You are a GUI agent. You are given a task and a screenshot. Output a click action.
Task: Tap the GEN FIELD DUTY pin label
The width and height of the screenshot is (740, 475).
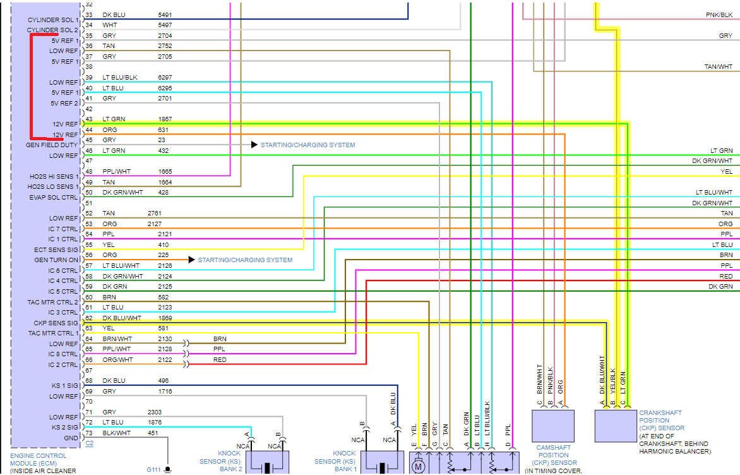52,145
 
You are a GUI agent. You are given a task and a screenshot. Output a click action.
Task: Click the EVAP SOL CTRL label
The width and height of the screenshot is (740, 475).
53,198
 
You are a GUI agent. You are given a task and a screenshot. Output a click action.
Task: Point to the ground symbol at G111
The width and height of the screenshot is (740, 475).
169,469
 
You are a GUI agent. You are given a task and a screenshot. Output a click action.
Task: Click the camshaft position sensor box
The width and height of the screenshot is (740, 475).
553,426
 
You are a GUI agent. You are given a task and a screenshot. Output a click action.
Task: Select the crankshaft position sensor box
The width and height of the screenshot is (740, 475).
616,426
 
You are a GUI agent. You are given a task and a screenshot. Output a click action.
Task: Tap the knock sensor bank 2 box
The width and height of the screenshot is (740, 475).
267,462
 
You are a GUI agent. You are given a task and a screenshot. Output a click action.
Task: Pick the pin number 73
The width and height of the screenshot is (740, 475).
88,433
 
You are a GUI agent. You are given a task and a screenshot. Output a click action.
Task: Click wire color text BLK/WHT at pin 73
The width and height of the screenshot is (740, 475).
116,433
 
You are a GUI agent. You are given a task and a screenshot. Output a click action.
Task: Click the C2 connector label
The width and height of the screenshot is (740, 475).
89,443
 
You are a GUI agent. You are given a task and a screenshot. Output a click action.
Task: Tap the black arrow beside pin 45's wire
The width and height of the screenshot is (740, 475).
254,145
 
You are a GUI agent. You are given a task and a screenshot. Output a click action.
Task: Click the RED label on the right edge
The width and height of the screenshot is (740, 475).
726,277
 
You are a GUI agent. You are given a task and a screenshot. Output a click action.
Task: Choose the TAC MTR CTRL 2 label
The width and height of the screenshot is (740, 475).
53,303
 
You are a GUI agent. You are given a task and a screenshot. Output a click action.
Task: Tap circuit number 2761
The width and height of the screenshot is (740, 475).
155,213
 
